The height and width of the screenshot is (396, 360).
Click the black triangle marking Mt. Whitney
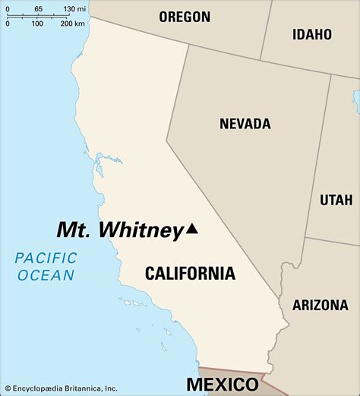coord(192,228)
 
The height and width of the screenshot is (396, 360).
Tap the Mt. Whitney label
coord(121,230)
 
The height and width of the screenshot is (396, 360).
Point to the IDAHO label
coord(312,34)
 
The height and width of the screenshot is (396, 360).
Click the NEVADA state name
coord(245,123)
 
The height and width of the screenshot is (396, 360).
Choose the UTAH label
coord(336,200)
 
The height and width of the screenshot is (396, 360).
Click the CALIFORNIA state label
coord(190,274)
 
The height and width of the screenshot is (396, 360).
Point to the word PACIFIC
coord(46,258)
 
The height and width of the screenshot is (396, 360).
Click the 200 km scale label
coord(72,24)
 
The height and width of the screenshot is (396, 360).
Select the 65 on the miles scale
coord(38,8)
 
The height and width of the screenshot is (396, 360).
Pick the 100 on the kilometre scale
coord(37,24)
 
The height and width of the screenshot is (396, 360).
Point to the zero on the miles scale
coord(6,8)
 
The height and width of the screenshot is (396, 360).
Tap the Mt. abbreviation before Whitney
coord(74,230)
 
